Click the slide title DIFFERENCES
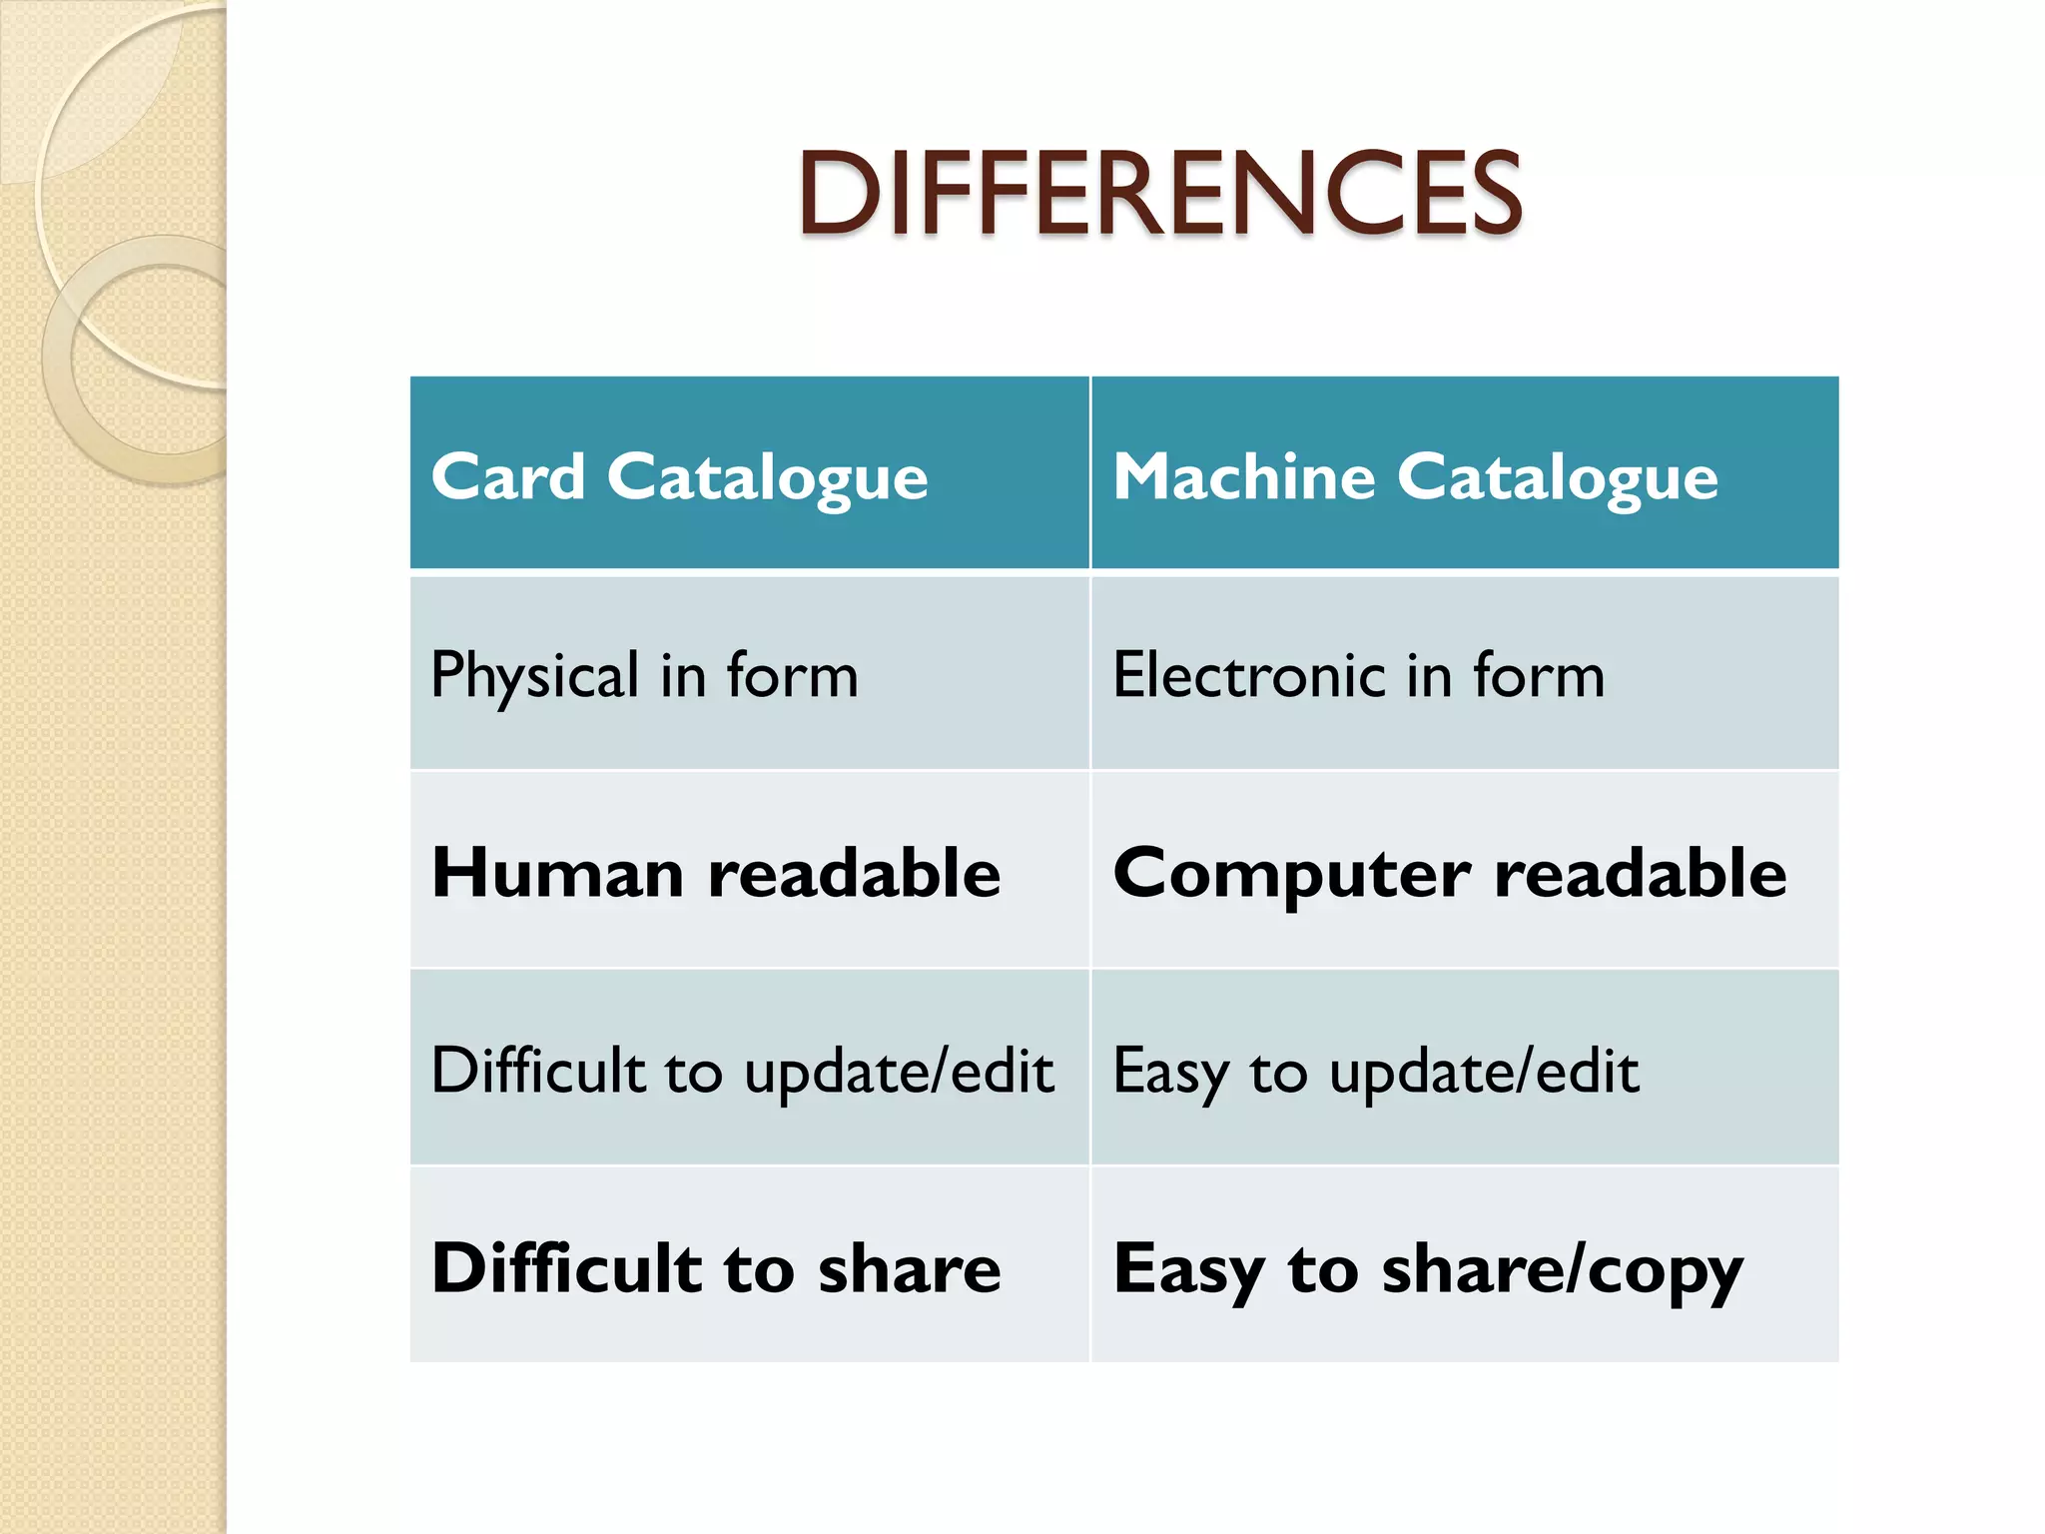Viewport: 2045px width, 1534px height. (1158, 193)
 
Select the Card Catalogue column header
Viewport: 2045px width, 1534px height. (679, 476)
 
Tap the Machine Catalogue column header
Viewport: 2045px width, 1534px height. (1415, 476)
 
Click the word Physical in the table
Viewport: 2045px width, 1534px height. (534, 676)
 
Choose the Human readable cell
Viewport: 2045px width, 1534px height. (715, 873)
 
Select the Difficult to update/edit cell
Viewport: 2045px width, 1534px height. (742, 1071)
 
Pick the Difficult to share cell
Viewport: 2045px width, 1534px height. (715, 1268)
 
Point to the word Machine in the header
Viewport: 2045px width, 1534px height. (1243, 476)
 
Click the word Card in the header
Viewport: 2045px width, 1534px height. (507, 476)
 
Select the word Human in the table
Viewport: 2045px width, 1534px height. (557, 873)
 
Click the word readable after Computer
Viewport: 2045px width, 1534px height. (1640, 873)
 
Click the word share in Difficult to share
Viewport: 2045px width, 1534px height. (909, 1268)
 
